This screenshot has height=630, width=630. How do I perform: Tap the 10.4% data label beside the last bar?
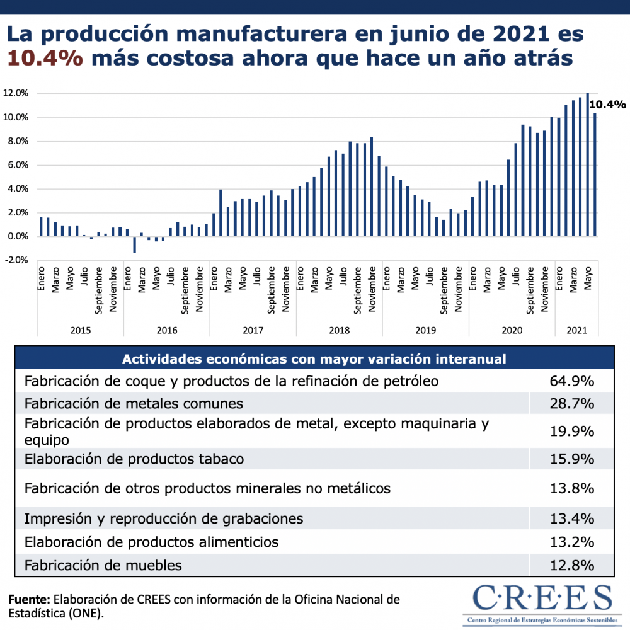click(x=608, y=105)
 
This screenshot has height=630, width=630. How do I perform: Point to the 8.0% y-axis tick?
click(x=16, y=141)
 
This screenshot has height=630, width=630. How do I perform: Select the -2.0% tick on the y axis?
click(x=16, y=260)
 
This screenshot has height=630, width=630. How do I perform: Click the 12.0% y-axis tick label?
click(x=16, y=93)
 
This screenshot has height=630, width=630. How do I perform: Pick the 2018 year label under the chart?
click(x=340, y=330)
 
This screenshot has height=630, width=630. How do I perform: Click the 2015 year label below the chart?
click(x=80, y=330)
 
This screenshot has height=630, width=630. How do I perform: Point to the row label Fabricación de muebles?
click(x=103, y=565)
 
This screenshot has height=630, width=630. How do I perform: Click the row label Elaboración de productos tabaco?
click(x=134, y=459)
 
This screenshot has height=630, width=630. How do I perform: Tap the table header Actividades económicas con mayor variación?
click(x=314, y=359)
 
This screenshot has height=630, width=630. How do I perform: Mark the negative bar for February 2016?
click(x=134, y=244)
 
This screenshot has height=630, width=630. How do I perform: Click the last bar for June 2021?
click(x=595, y=175)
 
